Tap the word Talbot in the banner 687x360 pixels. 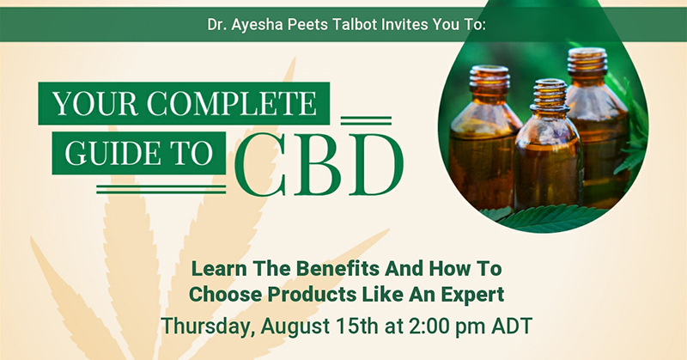pyautogui.click(x=355, y=24)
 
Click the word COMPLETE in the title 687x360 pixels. pyautogui.click(x=231, y=103)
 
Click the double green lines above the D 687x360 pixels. pyautogui.click(x=366, y=120)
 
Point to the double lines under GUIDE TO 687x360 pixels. pyautogui.click(x=161, y=189)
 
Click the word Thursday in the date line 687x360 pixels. pyautogui.click(x=208, y=326)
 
